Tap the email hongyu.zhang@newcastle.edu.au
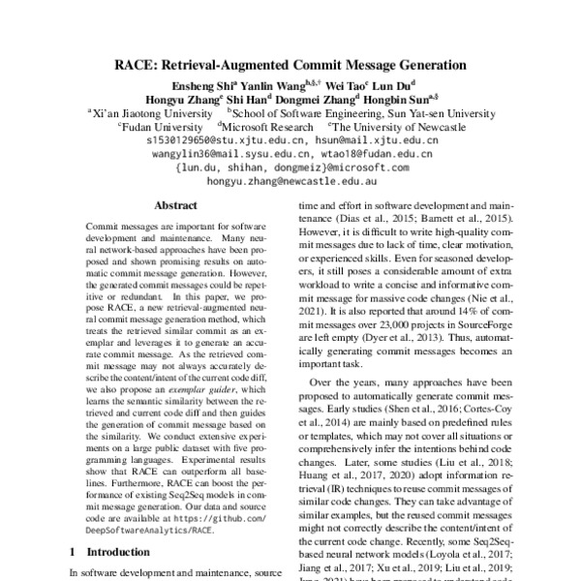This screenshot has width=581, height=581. [291, 181]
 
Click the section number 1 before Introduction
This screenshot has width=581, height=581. [74, 551]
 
